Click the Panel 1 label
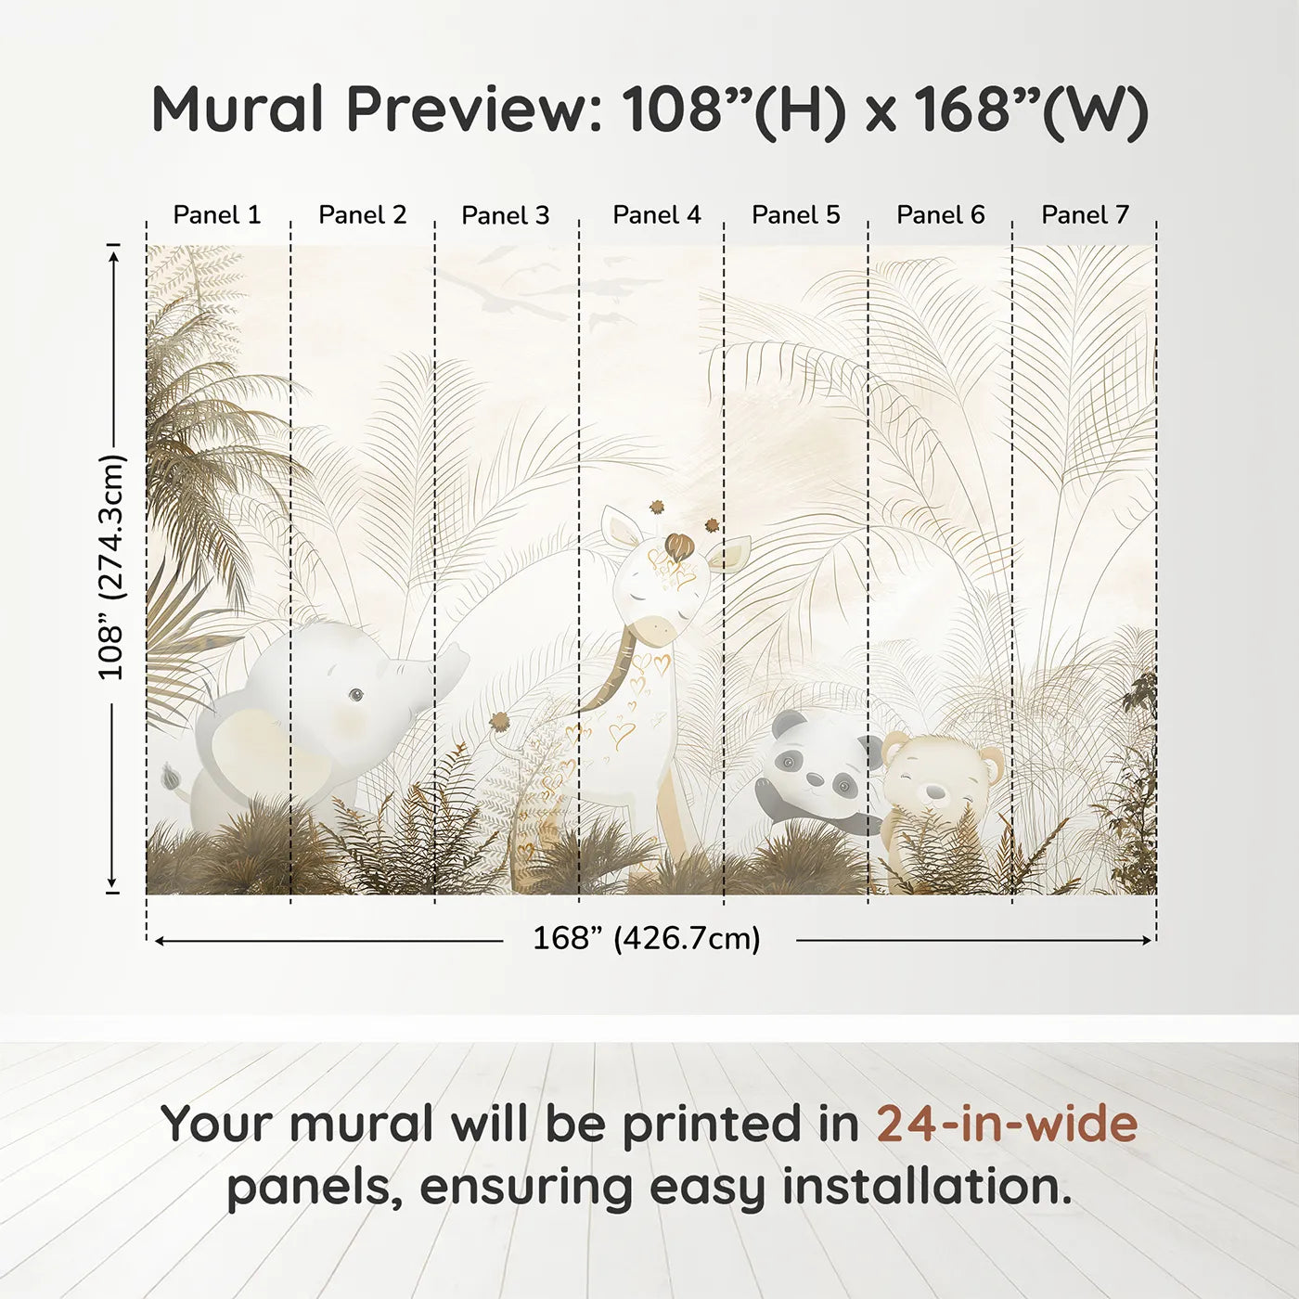click(217, 215)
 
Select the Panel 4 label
click(657, 215)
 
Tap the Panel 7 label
click(1085, 215)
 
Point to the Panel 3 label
click(506, 215)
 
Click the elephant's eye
click(355, 694)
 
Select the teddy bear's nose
click(934, 791)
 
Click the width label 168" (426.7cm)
click(647, 939)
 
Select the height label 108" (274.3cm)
click(111, 567)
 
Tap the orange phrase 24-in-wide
click(1007, 1124)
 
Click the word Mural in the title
click(238, 109)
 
